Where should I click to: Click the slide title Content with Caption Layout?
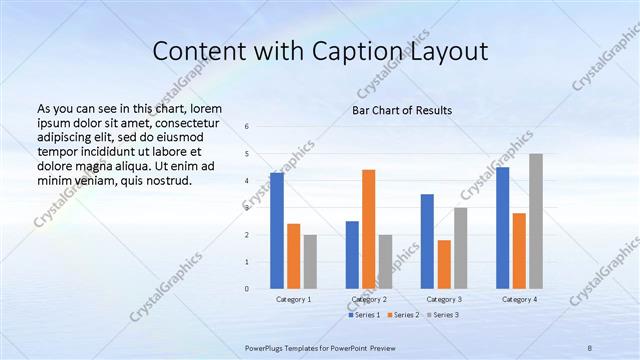[x=320, y=51]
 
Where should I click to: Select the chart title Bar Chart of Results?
[x=401, y=110]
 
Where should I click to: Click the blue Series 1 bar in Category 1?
[x=276, y=230]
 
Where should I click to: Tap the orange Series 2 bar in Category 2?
[x=368, y=229]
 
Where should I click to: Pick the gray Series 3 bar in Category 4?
[x=536, y=221]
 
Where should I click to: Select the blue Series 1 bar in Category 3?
[x=427, y=241]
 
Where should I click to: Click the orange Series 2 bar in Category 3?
[x=444, y=264]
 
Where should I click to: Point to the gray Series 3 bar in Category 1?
[x=310, y=261]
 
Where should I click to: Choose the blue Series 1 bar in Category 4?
[x=502, y=227]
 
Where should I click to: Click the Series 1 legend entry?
[x=364, y=315]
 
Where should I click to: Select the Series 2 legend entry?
[x=402, y=315]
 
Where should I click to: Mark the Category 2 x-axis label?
[x=368, y=299]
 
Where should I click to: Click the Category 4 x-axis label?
[x=519, y=299]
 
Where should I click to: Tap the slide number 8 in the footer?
[x=590, y=347]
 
